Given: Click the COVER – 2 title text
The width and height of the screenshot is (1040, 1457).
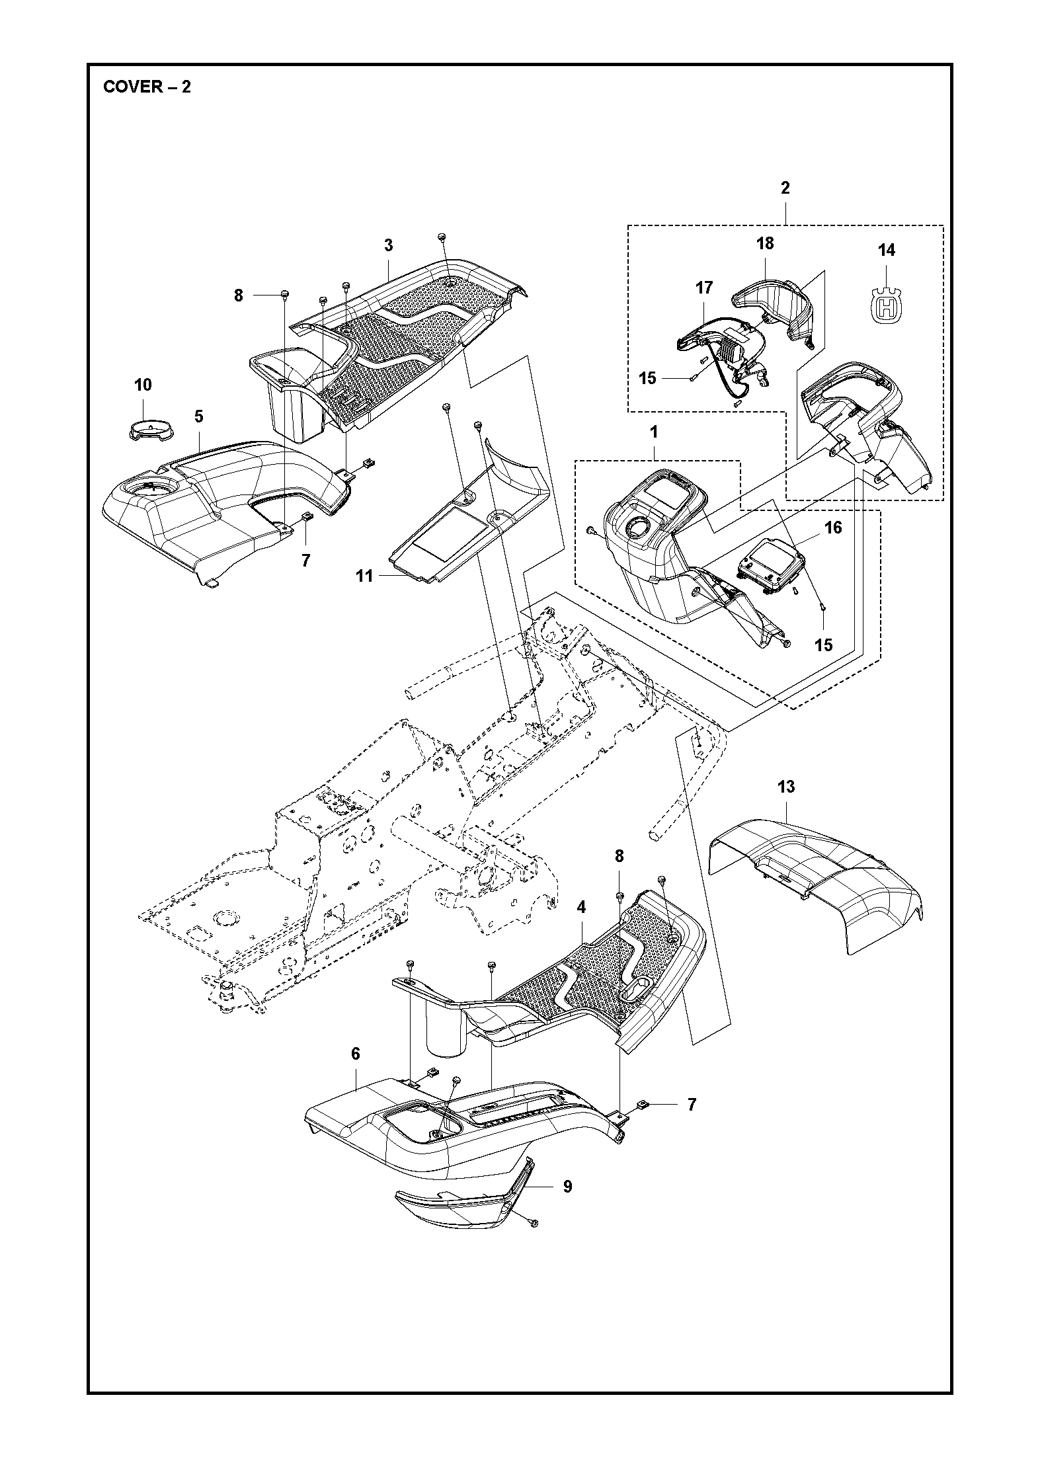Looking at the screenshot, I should coord(147,87).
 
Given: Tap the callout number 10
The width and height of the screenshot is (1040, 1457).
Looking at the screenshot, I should coord(143,385).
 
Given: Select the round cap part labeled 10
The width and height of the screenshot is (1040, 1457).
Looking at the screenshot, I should coord(149,430).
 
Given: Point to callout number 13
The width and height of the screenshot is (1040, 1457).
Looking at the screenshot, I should coord(786,787).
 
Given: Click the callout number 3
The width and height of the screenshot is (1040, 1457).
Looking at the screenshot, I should coord(388,245).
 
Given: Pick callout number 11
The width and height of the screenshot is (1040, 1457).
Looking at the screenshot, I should coord(364,576).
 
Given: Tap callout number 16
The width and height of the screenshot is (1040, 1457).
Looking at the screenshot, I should coord(833,528).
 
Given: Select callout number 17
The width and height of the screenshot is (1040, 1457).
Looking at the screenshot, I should coord(704,288).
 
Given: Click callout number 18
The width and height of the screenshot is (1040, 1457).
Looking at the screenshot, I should coord(765,243).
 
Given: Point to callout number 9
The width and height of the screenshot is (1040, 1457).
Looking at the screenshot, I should coord(567,1187).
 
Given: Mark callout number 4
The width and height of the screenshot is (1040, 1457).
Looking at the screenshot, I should coord(580,908).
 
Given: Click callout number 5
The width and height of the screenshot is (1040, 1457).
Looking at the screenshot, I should coord(198,416).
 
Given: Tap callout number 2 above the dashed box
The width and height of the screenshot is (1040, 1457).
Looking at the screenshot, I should coord(785,188).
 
